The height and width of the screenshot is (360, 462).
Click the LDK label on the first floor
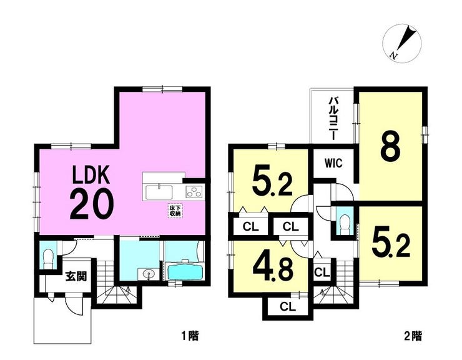91,176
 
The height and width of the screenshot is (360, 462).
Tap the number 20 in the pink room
92,204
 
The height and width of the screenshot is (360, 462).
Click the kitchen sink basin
159,192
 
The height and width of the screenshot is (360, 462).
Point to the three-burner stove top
194,192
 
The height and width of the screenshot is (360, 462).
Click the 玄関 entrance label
76,276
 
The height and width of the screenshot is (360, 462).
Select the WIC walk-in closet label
333,163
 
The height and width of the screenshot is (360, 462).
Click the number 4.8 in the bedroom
273,271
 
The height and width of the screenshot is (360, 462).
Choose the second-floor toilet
344,223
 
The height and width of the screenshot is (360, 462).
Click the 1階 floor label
190,336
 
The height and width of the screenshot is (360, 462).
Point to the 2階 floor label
413,336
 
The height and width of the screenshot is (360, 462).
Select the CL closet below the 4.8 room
288,307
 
